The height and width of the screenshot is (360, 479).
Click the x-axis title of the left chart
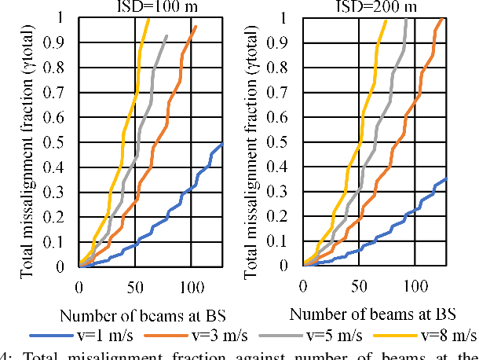tap(144, 315)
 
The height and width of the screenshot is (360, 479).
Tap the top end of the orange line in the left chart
tap(196, 27)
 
